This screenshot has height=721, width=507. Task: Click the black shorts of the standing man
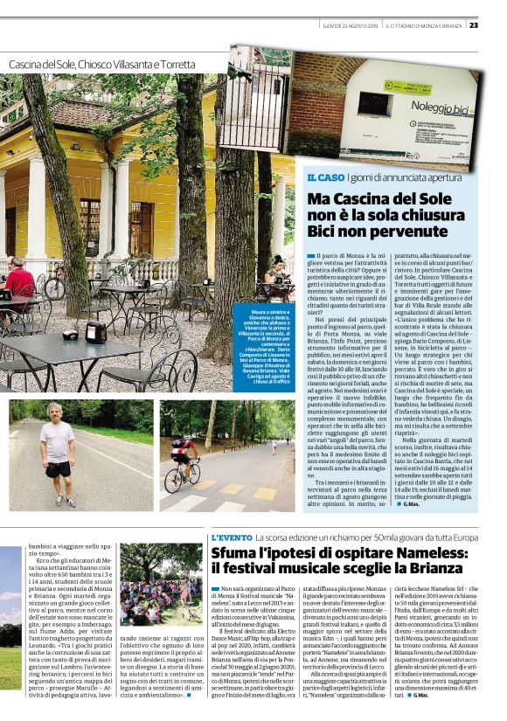click(x=59, y=469)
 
